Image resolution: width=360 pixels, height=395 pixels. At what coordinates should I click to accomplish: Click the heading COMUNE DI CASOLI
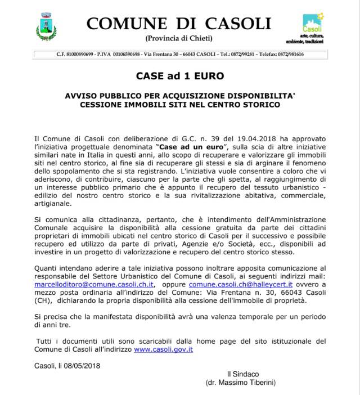click(179, 24)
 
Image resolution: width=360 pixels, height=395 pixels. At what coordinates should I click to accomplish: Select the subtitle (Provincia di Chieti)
click(179, 38)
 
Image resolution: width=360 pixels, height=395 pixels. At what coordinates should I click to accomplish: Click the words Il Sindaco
click(243, 374)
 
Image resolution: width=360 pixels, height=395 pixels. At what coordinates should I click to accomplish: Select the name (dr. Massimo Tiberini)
click(244, 383)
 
